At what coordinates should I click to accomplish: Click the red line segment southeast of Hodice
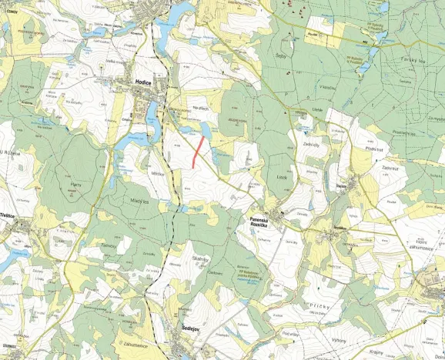click(197, 151)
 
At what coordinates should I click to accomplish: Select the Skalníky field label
click(202, 259)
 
